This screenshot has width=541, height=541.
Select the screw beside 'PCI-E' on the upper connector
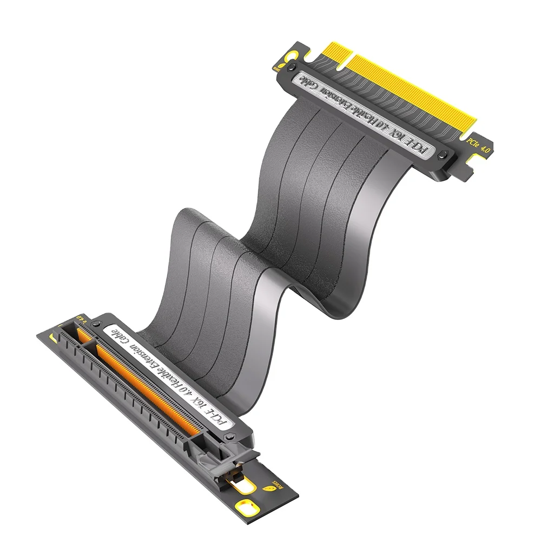[x=444, y=155]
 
